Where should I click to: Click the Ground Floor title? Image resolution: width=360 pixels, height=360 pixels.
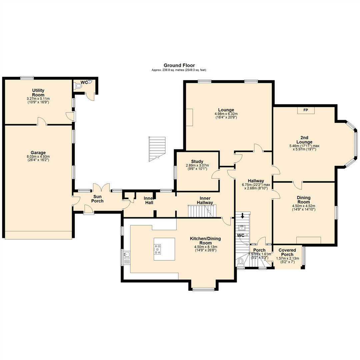pos(179,65)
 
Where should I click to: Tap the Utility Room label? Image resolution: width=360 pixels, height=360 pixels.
pos(38,93)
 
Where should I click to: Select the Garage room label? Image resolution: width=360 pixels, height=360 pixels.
pos(39,153)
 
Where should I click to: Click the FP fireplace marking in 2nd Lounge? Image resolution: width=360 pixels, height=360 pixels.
pos(305,109)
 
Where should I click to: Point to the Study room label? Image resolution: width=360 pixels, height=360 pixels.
pos(197,162)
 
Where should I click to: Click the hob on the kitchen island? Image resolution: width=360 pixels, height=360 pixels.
pos(158,248)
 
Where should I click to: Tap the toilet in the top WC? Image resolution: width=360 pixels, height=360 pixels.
pos(79,86)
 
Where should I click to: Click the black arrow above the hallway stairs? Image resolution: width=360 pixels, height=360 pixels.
pos(242,215)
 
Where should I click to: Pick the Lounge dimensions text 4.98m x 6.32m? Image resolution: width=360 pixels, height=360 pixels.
pos(226,114)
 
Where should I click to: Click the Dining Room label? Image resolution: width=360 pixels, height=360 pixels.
pos(304,200)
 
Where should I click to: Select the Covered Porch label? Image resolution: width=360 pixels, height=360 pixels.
pos(287,252)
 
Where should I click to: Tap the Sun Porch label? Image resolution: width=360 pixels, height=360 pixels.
pos(97,199)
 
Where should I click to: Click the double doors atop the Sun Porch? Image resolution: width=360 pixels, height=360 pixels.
pos(101,187)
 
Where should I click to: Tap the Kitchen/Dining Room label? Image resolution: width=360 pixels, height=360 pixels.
pos(205,241)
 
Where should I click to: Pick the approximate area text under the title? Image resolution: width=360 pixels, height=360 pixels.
pos(179,70)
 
